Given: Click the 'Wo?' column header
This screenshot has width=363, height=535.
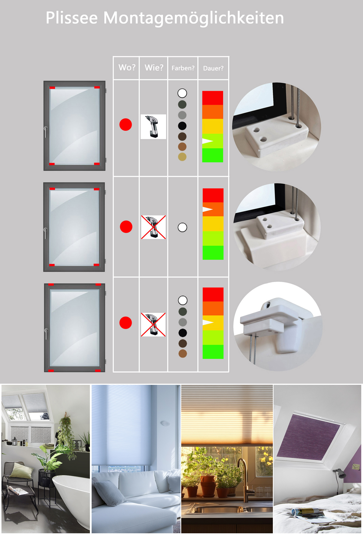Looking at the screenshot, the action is click(x=127, y=67).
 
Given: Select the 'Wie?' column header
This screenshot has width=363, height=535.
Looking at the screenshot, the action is click(x=154, y=67).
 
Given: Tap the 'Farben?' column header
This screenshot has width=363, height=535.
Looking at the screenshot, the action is click(x=183, y=68).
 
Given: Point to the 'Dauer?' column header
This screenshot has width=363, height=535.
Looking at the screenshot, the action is click(x=213, y=68).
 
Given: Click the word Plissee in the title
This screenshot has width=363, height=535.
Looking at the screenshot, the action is click(x=72, y=18).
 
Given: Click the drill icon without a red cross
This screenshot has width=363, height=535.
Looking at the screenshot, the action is click(x=153, y=127).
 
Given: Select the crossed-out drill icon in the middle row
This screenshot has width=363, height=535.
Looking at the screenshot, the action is click(x=153, y=227).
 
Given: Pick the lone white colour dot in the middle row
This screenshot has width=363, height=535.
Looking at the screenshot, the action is click(x=182, y=227).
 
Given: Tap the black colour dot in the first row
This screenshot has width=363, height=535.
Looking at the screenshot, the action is click(x=182, y=126).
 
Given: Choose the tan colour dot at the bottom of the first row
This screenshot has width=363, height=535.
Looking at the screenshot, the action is click(x=182, y=157).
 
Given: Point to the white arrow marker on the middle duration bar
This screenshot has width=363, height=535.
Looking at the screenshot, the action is click(x=208, y=209).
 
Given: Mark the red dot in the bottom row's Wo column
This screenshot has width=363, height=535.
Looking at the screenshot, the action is click(x=126, y=323).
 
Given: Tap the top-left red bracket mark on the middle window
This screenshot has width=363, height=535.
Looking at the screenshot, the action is click(x=52, y=189).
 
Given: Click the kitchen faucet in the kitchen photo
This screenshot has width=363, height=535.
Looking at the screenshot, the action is click(x=243, y=480).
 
